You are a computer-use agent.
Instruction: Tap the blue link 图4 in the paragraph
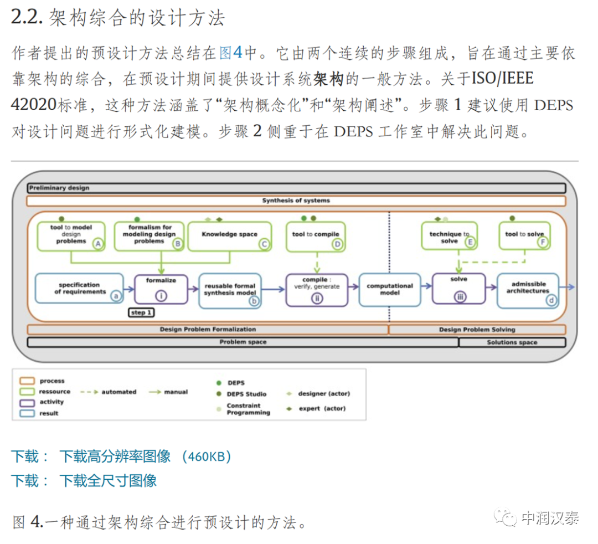click(231, 53)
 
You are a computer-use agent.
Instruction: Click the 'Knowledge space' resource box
click(230, 235)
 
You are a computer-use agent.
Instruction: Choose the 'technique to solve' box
click(449, 237)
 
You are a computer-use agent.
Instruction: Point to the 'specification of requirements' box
click(79, 288)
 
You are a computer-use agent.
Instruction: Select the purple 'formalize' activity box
click(161, 289)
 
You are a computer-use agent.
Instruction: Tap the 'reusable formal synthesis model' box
click(230, 289)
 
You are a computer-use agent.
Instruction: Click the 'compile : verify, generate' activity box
click(316, 289)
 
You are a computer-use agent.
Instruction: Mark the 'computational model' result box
click(389, 289)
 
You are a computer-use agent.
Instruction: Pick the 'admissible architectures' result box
click(528, 290)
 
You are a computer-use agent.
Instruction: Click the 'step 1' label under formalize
click(141, 313)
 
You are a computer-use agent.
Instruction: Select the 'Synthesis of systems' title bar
click(296, 201)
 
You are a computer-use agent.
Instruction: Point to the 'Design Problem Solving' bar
click(477, 330)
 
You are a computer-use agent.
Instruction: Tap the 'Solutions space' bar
click(512, 342)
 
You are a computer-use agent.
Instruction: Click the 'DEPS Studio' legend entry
click(246, 394)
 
